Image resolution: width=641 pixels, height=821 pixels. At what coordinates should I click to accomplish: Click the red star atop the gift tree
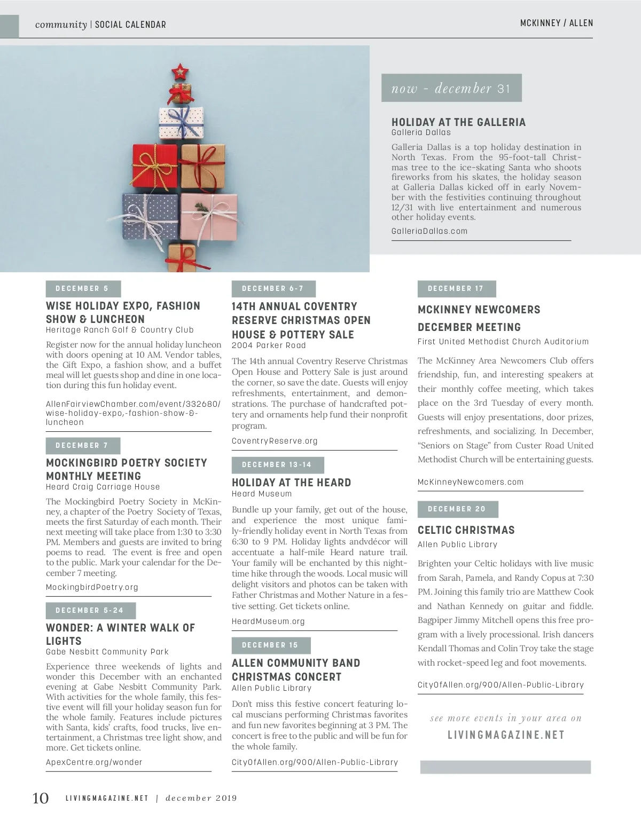[x=180, y=72]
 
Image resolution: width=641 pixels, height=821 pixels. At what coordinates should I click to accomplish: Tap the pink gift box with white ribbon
[x=209, y=216]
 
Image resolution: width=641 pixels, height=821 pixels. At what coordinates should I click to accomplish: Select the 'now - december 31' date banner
[x=451, y=88]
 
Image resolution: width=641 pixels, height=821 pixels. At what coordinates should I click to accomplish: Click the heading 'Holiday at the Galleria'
[x=458, y=122]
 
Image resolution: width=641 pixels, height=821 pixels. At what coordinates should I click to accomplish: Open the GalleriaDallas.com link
[x=429, y=231]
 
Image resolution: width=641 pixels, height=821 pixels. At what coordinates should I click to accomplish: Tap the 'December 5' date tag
[x=83, y=289]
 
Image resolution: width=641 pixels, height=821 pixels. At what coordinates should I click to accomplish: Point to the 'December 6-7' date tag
[x=273, y=289]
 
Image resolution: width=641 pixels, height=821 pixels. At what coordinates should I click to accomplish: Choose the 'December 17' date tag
[x=456, y=289]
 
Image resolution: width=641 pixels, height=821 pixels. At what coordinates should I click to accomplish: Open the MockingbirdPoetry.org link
[x=92, y=587]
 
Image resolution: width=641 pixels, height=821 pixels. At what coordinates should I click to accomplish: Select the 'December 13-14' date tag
[x=277, y=465]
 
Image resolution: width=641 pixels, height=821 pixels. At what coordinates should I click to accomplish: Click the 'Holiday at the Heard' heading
[x=291, y=483]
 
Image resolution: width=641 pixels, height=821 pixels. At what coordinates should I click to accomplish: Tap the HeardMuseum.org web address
[x=268, y=621]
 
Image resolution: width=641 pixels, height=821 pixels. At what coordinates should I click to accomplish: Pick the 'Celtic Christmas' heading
[x=466, y=530]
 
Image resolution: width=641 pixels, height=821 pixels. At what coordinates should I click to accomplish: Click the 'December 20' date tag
[x=457, y=509]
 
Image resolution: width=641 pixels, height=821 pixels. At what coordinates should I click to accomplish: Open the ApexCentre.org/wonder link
[x=94, y=762]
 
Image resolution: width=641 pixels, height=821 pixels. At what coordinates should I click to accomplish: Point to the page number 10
[x=41, y=798]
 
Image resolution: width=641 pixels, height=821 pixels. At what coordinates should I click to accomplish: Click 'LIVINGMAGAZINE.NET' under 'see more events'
[x=506, y=735]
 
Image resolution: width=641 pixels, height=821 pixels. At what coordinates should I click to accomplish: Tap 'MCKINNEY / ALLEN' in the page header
[x=556, y=23]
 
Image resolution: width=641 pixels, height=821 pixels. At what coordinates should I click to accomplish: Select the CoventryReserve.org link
[x=275, y=441]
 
